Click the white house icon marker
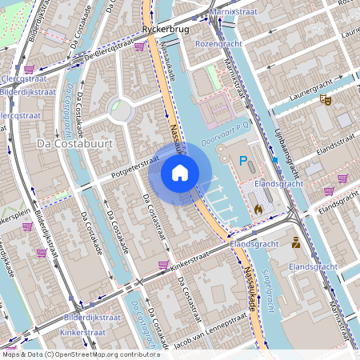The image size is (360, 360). (180, 172)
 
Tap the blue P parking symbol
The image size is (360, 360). (243, 161)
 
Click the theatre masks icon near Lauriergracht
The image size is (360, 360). (325, 100)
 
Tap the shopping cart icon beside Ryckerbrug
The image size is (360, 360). (141, 46)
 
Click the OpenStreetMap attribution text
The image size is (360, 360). (80, 354)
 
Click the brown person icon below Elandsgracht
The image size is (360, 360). (296, 242)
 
